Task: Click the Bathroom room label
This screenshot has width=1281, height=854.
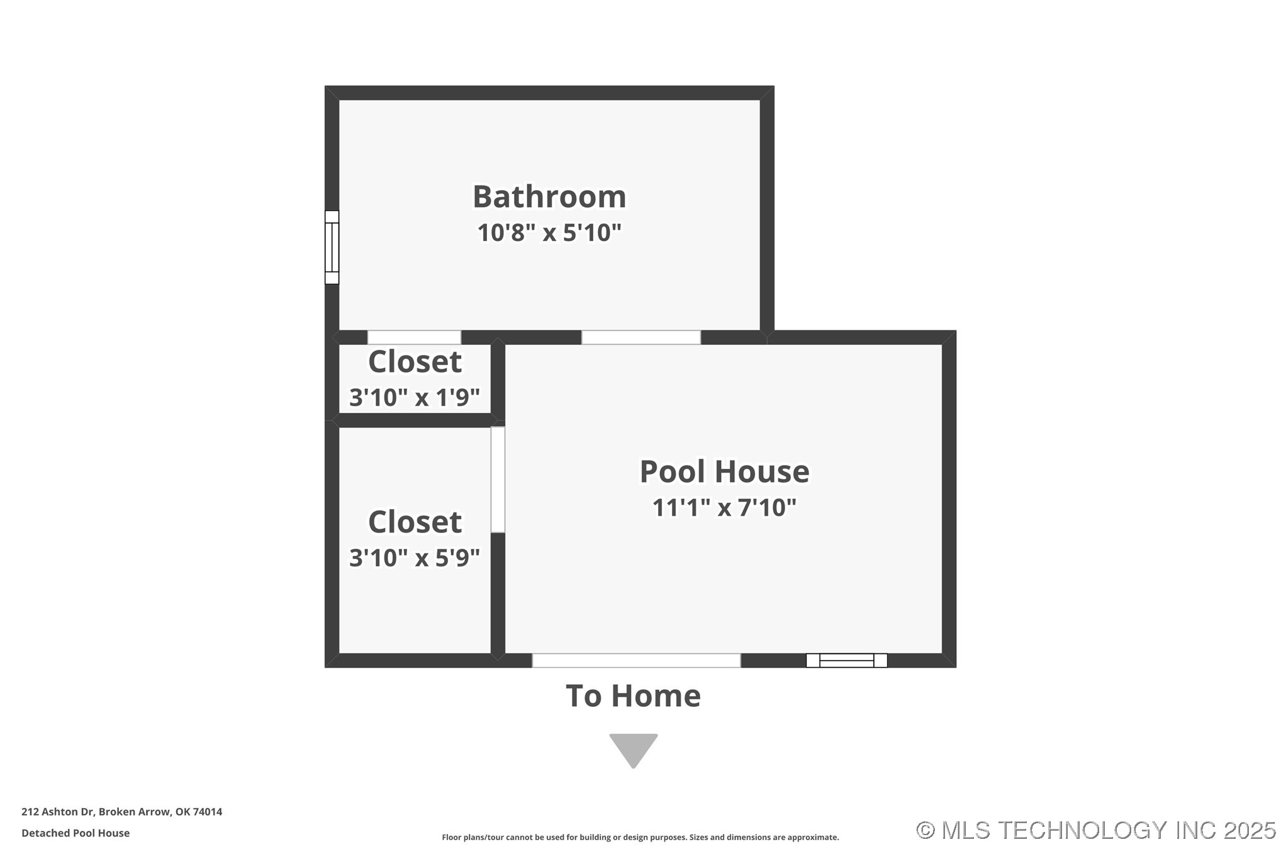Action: pos(549,197)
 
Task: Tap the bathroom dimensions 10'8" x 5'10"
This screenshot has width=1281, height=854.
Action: pos(549,233)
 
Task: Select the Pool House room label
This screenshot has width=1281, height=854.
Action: pos(724,471)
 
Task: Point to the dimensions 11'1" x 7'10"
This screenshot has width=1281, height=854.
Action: pos(724,507)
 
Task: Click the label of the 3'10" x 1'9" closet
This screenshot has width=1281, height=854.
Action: pos(415,361)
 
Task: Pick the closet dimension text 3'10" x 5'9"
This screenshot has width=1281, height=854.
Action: pos(415,558)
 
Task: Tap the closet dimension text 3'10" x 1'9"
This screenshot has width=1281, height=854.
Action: pos(415,397)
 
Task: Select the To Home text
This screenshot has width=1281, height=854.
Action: pos(633,695)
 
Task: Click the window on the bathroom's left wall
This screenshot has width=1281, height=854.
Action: pos(332,247)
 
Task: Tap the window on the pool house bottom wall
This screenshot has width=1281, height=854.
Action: pos(846,660)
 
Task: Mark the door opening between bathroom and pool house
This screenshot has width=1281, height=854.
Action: pos(640,337)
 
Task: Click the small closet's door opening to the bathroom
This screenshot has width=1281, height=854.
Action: pos(414,337)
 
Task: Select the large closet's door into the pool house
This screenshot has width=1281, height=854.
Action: pos(498,480)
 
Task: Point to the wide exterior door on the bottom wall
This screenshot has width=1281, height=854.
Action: pos(636,660)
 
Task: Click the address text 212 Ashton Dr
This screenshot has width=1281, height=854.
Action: pos(121,812)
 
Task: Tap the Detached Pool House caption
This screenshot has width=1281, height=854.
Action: pos(76,833)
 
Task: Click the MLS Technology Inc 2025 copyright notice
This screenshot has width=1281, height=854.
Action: pos(1095,831)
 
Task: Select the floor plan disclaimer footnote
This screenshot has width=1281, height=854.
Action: pos(640,838)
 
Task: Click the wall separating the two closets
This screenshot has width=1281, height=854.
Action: pos(414,420)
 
